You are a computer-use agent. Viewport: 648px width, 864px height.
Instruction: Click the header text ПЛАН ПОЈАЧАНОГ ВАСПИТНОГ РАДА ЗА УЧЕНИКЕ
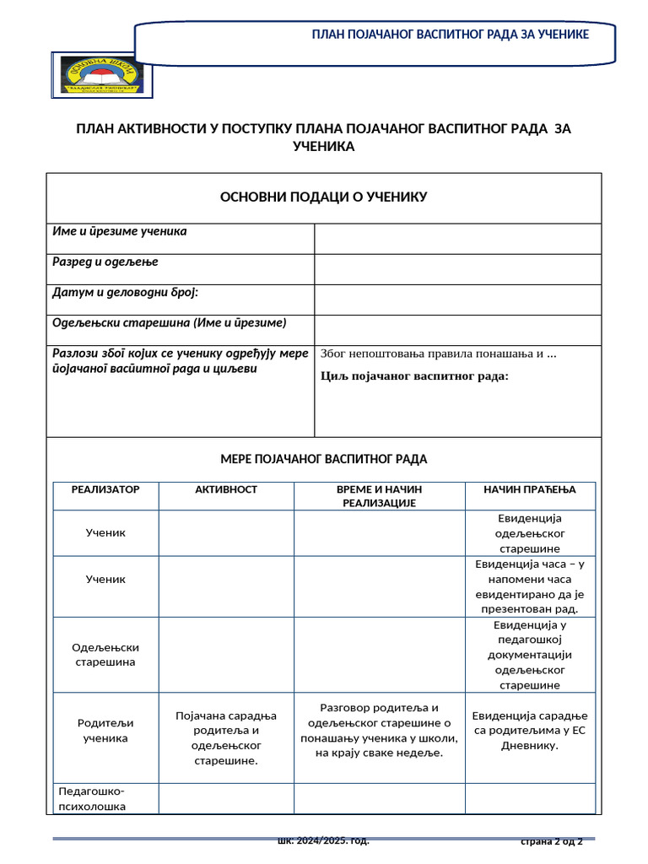pyautogui.click(x=451, y=34)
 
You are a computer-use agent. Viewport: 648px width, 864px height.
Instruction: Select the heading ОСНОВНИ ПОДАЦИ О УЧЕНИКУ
pyautogui.click(x=324, y=197)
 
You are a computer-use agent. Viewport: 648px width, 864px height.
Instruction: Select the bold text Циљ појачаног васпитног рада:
pyautogui.click(x=415, y=375)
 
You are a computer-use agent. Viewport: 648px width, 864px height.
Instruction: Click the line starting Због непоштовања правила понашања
pyautogui.click(x=439, y=353)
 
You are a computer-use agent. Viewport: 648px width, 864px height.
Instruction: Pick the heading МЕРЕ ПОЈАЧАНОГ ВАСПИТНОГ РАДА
pyautogui.click(x=324, y=459)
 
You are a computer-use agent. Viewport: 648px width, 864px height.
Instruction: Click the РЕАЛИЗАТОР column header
pyautogui.click(x=105, y=489)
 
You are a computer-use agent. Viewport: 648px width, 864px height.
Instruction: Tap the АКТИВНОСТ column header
pyautogui.click(x=226, y=489)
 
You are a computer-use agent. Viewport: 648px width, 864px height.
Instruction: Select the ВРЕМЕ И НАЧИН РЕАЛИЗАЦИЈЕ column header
pyautogui.click(x=379, y=496)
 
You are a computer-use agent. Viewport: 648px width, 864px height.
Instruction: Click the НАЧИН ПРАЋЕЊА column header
pyautogui.click(x=529, y=489)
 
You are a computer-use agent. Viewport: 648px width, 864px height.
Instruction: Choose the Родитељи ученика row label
pyautogui.click(x=105, y=731)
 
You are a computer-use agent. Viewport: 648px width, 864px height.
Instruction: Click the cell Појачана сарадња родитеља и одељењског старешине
pyautogui.click(x=226, y=738)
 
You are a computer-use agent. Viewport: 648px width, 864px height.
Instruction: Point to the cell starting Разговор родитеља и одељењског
pyautogui.click(x=379, y=730)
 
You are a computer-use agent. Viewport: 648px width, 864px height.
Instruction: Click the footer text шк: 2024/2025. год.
pyautogui.click(x=324, y=841)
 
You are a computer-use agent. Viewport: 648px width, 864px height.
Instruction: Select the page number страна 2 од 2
pyautogui.click(x=551, y=841)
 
